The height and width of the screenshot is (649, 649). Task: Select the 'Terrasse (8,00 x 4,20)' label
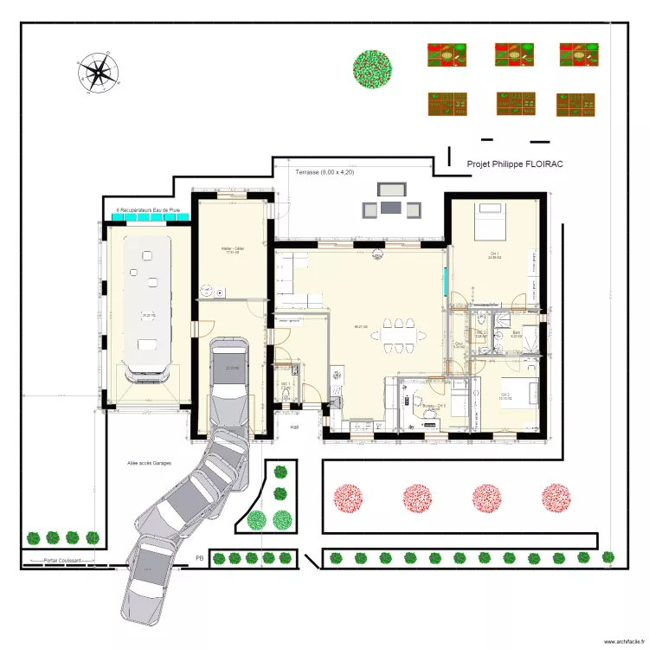click(324, 173)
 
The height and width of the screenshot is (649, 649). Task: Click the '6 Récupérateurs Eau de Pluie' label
click(148, 210)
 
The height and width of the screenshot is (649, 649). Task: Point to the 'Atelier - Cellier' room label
click(232, 248)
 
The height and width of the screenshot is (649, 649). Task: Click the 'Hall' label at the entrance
click(294, 427)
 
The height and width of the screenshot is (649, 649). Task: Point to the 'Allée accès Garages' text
click(149, 463)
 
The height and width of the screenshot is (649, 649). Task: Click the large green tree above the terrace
click(373, 67)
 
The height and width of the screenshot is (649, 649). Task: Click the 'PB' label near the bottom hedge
click(199, 558)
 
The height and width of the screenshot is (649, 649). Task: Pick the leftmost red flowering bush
click(350, 498)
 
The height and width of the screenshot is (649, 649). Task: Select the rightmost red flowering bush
click(556, 498)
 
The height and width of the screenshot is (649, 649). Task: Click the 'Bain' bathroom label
click(516, 333)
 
